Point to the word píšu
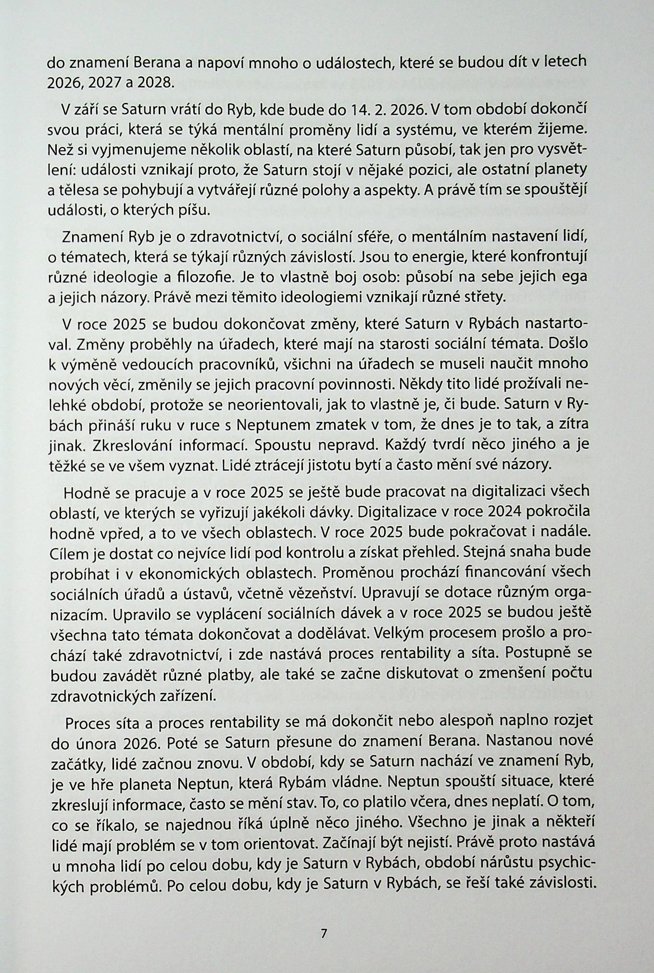[x=192, y=210]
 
